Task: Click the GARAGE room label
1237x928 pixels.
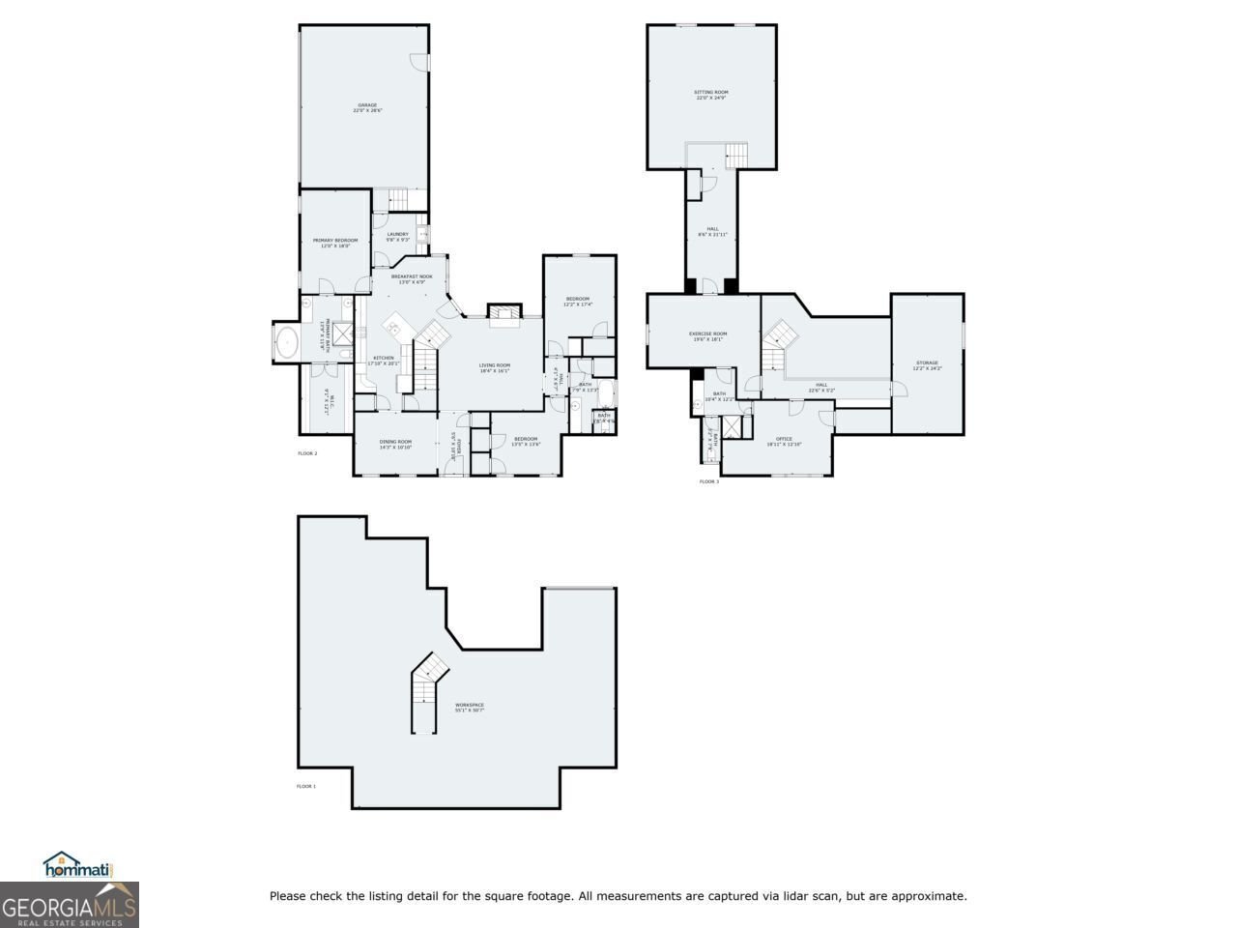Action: coord(367,107)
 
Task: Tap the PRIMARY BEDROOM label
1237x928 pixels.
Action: coord(335,243)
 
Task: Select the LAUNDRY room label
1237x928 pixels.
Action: coord(397,236)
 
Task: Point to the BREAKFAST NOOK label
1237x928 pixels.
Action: coord(412,278)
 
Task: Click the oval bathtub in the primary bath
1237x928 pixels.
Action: coord(288,341)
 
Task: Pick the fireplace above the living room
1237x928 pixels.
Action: coord(503,310)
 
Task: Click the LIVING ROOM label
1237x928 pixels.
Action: coord(494,367)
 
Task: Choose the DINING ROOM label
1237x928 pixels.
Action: coord(395,444)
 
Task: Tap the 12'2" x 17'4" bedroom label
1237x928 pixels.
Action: coord(578,302)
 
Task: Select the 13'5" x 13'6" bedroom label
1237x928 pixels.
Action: coord(526,441)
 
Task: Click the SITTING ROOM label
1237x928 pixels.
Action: coord(711,95)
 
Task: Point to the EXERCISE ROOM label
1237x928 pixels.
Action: coord(707,336)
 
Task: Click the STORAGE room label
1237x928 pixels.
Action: coord(927,364)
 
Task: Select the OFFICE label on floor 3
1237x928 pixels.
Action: coord(784,441)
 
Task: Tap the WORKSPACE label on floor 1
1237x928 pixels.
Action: coord(470,707)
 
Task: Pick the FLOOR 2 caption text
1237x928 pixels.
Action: coord(307,452)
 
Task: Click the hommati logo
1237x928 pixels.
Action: coord(78,866)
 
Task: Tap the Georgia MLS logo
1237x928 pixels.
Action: coord(69,906)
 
